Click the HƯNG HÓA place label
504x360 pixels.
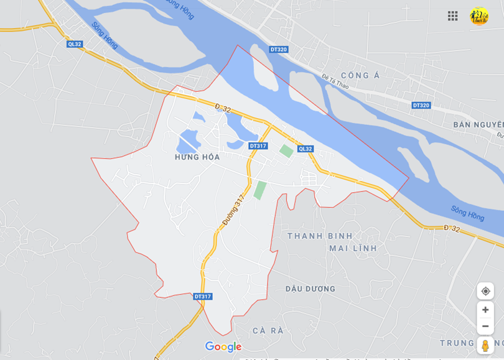pyautogui.click(x=197, y=157)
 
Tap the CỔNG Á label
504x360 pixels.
pyautogui.click(x=360, y=76)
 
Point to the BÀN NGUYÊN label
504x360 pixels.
pyautogui.click(x=478, y=124)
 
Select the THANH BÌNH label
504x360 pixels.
pyautogui.click(x=320, y=236)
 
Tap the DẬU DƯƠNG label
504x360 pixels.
pyautogui.click(x=310, y=288)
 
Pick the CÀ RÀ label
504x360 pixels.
pyautogui.click(x=268, y=330)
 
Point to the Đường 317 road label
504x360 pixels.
pyautogui.click(x=233, y=210)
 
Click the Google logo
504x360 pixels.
pyautogui.click(x=223, y=346)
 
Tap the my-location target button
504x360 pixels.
pyautogui.click(x=485, y=291)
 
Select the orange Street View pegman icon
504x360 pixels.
pyautogui.click(x=485, y=346)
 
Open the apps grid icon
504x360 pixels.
pyautogui.click(x=453, y=16)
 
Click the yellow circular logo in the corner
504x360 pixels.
pyautogui.click(x=479, y=16)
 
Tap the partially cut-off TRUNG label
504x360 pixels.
pyautogui.click(x=457, y=343)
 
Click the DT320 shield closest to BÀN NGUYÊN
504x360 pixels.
pyautogui.click(x=421, y=105)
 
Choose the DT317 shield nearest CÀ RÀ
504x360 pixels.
pyautogui.click(x=203, y=297)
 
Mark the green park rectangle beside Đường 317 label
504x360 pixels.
pyautogui.click(x=260, y=190)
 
